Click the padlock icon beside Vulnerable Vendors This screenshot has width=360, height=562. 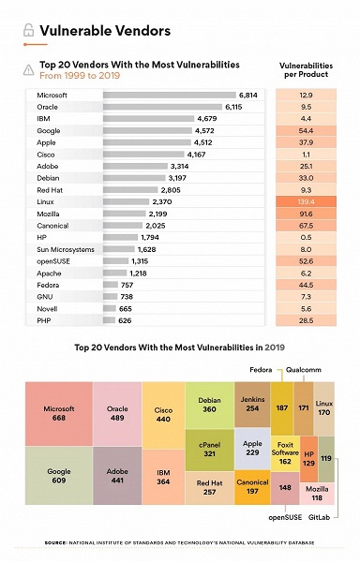[x=28, y=31]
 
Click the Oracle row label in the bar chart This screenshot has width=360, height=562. [x=48, y=107]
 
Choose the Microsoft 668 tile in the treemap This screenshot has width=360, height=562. [x=58, y=412]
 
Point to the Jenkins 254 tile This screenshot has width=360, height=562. [x=251, y=404]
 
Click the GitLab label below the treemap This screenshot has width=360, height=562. [x=321, y=516]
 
